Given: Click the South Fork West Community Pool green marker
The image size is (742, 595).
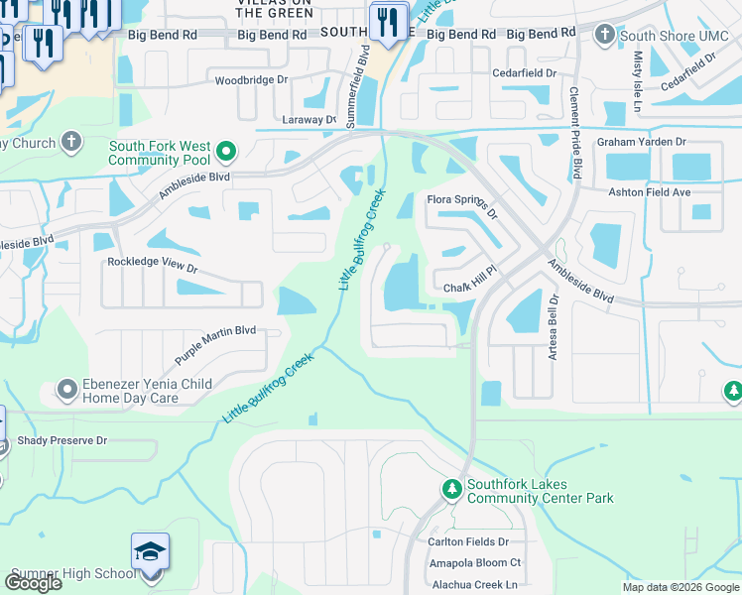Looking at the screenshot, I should point(226,152).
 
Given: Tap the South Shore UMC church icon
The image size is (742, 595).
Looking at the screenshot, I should point(605,36).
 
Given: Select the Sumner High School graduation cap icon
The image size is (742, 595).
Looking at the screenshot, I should point(150,552).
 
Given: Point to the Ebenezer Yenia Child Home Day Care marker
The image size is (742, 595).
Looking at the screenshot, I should point(67,389).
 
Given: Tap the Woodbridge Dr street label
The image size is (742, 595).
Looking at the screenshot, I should point(252,78).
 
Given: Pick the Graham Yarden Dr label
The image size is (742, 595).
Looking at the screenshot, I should point(641,143).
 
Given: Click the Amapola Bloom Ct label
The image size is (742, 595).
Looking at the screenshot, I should point(474,562).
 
